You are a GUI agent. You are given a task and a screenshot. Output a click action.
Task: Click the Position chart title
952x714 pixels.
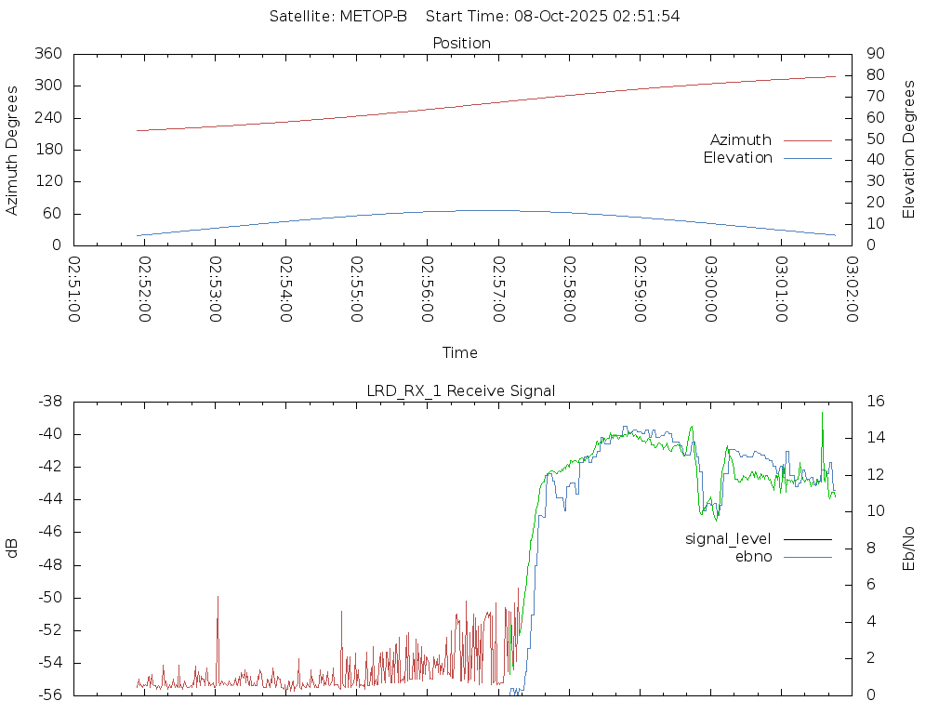[x=462, y=44]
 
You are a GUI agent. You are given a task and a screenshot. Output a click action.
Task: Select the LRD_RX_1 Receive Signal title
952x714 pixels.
[x=461, y=391]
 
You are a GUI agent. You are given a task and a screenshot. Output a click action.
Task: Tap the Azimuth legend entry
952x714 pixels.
[x=741, y=140]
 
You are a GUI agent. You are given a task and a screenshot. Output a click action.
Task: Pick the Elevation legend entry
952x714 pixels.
[x=737, y=158]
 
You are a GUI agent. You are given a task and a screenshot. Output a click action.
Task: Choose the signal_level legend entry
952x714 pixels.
[x=728, y=539]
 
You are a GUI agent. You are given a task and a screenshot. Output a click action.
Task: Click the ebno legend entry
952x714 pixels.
[x=753, y=557]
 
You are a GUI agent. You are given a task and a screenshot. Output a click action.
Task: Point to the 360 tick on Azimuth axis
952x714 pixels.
[x=48, y=54]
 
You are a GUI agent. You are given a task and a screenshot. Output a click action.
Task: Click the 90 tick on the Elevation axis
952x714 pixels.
[x=874, y=54]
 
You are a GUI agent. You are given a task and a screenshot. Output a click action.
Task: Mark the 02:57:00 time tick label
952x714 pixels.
[x=498, y=289]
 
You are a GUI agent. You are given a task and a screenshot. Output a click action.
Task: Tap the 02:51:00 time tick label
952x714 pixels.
[x=74, y=289]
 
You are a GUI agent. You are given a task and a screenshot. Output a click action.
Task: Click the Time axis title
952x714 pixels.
[x=460, y=353]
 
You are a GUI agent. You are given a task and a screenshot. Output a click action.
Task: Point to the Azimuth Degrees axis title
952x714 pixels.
[x=13, y=150]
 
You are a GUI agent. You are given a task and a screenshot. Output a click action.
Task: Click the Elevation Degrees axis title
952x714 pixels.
[x=909, y=150]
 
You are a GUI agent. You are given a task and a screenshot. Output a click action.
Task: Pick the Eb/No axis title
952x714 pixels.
[x=909, y=548]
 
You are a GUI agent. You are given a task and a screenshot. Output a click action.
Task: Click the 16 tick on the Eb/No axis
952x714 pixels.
[x=874, y=402]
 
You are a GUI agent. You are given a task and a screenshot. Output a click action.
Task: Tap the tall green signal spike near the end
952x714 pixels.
[x=822, y=414]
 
